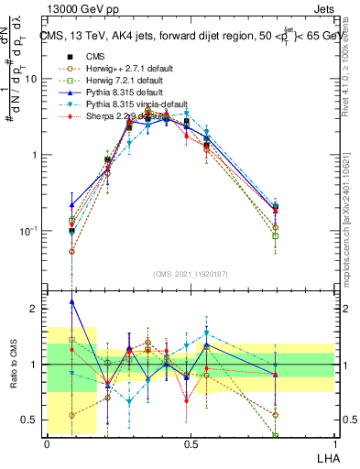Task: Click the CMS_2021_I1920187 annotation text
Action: [191, 274]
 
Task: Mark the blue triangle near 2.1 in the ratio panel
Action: [72, 301]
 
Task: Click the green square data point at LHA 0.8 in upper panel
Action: [276, 236]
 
